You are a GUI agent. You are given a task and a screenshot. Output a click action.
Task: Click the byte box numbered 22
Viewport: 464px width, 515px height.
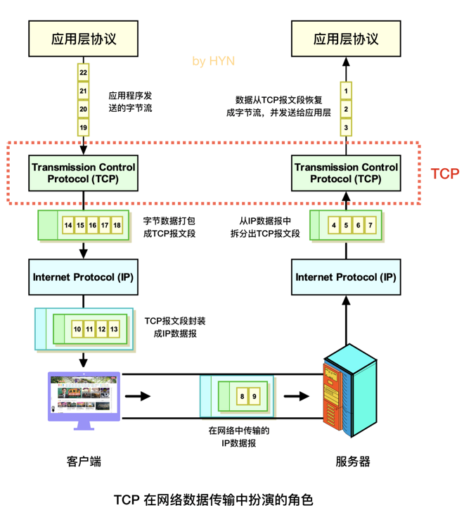[x=83, y=73]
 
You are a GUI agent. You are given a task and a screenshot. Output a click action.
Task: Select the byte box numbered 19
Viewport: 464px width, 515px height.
[x=83, y=127]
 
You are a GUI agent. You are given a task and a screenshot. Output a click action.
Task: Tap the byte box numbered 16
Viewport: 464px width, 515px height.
[x=93, y=225]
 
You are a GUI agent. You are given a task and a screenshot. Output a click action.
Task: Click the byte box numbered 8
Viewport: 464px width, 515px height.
[x=243, y=397]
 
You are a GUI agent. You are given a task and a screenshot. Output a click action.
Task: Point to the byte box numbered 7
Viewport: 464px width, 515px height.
[x=371, y=225]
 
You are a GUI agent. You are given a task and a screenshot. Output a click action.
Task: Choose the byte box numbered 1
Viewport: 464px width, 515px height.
[x=346, y=91]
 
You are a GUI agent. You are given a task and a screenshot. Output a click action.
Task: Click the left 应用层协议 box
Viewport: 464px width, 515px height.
[x=83, y=39]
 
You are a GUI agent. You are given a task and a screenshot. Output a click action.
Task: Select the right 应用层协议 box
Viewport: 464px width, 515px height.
[x=346, y=39]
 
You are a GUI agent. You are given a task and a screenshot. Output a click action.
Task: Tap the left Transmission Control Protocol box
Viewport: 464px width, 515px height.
[x=83, y=173]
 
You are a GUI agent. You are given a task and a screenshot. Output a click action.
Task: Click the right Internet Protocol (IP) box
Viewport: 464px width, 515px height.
[x=346, y=277]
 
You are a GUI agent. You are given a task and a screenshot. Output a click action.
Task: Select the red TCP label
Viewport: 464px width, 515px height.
[x=444, y=173]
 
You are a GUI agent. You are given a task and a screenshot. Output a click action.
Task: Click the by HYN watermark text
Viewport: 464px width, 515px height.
[x=214, y=61]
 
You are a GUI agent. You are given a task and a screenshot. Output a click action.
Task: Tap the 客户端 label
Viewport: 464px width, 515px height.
[x=84, y=462]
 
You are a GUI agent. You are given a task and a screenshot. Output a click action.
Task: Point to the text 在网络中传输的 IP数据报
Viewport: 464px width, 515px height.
[x=239, y=436]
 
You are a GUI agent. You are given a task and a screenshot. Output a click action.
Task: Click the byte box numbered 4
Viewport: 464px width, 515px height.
[x=334, y=225]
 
